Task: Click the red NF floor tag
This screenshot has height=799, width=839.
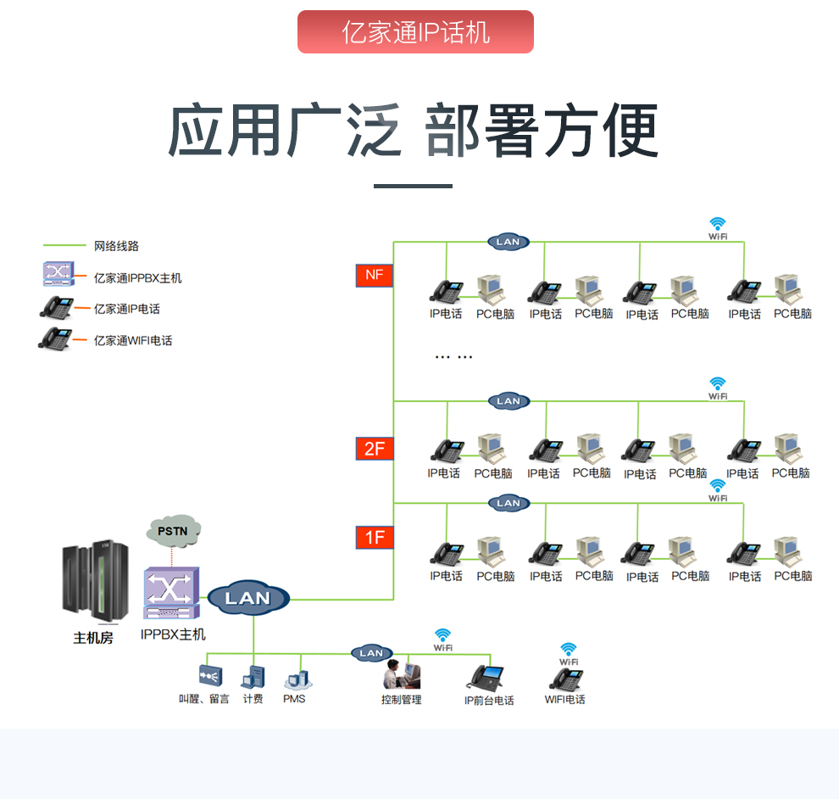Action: pyautogui.click(x=375, y=275)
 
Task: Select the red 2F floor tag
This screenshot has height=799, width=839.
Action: pyautogui.click(x=375, y=449)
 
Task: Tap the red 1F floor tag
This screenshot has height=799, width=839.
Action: pyautogui.click(x=375, y=537)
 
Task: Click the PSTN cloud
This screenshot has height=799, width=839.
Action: pyautogui.click(x=174, y=531)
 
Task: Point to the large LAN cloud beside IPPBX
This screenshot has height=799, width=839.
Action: pyautogui.click(x=247, y=598)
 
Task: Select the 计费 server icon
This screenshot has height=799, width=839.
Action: pyautogui.click(x=253, y=677)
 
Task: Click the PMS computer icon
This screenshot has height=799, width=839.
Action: pyautogui.click(x=296, y=678)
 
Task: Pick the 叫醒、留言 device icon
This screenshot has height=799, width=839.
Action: pyautogui.click(x=209, y=676)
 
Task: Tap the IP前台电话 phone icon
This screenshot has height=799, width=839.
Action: pyautogui.click(x=487, y=677)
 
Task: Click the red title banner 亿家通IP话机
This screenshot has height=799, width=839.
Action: pyautogui.click(x=415, y=32)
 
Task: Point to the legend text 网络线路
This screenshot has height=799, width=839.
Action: pyautogui.click(x=116, y=246)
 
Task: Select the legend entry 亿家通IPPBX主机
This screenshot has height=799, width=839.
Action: pyautogui.click(x=137, y=277)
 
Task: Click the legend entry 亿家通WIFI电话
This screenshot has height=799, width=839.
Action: pyautogui.click(x=133, y=340)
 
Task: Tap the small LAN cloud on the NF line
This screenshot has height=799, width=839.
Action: pyautogui.click(x=508, y=242)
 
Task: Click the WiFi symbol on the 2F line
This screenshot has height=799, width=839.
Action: pyautogui.click(x=718, y=385)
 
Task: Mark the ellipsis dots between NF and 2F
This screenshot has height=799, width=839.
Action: pyautogui.click(x=453, y=357)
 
